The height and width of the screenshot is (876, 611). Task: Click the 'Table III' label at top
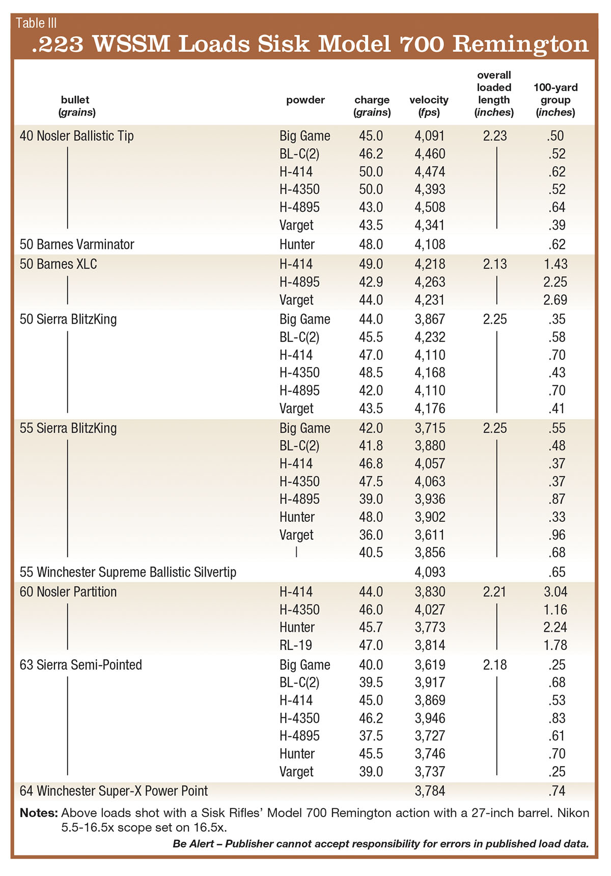tap(36, 23)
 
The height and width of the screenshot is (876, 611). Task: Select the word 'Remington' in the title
tap(520, 44)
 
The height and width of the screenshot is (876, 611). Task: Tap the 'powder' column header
tap(305, 100)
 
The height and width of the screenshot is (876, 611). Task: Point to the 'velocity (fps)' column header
tap(429, 106)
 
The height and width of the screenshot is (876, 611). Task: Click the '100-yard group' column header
tap(555, 100)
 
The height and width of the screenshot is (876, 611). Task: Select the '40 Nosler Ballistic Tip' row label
tap(76, 136)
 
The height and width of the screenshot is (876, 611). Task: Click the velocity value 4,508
tap(430, 207)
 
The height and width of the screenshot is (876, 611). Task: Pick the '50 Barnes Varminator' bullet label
tap(76, 244)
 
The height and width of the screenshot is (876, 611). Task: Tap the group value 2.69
tap(555, 300)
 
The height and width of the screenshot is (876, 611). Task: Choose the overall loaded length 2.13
tap(495, 264)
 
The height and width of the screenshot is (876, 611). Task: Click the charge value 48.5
tap(371, 373)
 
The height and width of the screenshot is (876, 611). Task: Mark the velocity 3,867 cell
tap(430, 319)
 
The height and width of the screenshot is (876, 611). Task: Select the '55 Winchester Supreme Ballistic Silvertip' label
tap(128, 572)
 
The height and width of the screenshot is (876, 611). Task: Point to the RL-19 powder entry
tap(296, 645)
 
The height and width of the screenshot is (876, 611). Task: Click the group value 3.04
tap(555, 591)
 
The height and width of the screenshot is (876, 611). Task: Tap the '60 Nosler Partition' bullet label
tap(68, 591)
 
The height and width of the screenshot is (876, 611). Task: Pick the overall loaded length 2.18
tap(495, 665)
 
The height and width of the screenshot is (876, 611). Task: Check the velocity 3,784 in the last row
tap(430, 791)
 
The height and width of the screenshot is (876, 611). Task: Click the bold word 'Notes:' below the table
tap(39, 813)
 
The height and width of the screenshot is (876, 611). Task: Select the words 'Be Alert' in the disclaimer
tap(192, 844)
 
